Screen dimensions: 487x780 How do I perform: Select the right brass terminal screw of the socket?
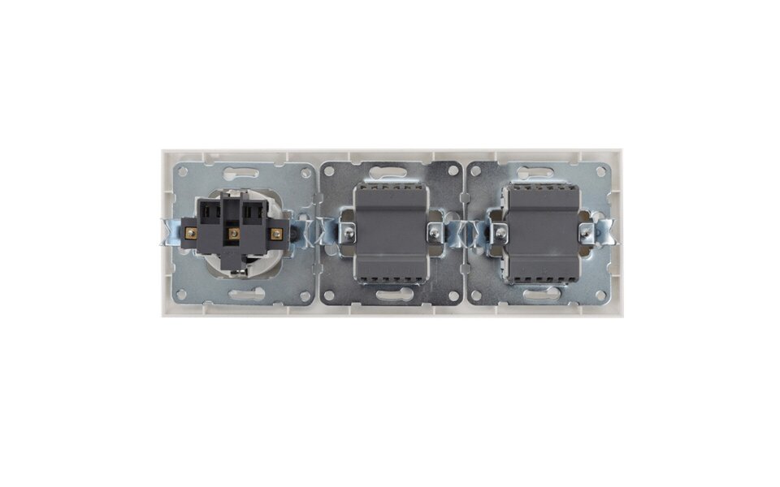tap(276, 234)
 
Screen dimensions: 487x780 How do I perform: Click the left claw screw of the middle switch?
tap(349, 234)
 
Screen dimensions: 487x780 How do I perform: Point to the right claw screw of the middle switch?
tap(435, 234)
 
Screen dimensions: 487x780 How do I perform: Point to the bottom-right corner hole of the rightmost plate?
tap(603, 295)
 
